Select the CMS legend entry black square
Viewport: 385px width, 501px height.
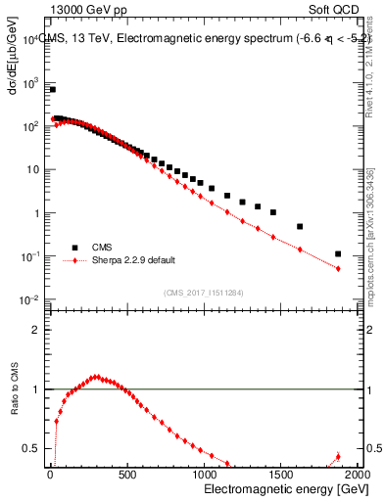tap(72, 248)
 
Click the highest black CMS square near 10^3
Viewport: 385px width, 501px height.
tap(52, 89)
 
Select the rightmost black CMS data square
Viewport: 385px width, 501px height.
tap(338, 254)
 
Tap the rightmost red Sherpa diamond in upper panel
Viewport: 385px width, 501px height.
tap(338, 268)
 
